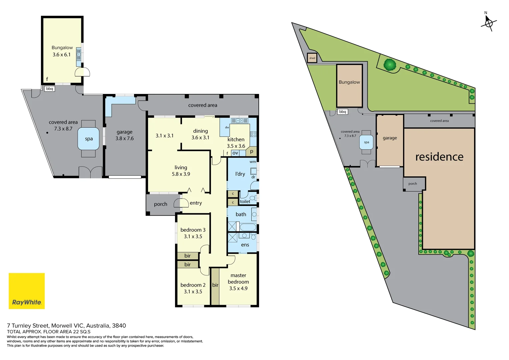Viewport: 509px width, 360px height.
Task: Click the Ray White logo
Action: click(x=27, y=291)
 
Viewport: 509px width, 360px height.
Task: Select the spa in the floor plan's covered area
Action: click(x=88, y=139)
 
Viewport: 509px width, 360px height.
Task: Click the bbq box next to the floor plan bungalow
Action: click(x=49, y=89)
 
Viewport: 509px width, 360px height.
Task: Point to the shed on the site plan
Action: click(x=312, y=58)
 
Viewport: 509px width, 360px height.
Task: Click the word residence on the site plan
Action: click(x=439, y=157)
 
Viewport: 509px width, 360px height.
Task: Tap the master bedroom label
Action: click(x=238, y=279)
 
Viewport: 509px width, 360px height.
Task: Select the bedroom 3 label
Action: click(x=193, y=230)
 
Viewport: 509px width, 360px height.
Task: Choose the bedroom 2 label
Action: click(x=193, y=285)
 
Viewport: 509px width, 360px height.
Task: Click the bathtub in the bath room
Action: click(x=248, y=228)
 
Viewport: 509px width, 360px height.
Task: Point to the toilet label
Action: click(x=245, y=202)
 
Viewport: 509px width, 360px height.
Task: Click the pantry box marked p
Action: click(x=252, y=151)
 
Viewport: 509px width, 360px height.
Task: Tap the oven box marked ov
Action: click(x=235, y=153)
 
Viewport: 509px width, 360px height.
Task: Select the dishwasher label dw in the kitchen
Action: click(x=227, y=127)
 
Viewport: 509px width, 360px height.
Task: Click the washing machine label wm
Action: click(x=253, y=162)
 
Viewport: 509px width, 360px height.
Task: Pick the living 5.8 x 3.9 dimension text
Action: click(x=181, y=174)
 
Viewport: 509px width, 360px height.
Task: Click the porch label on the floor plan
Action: click(x=160, y=204)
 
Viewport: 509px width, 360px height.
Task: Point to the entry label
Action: click(x=196, y=203)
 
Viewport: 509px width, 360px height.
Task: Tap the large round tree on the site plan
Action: click(x=389, y=64)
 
